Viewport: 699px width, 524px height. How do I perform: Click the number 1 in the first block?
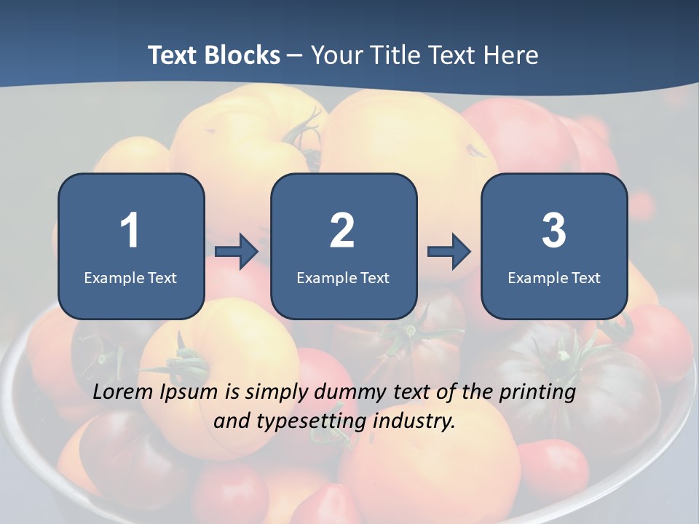pos(130,231)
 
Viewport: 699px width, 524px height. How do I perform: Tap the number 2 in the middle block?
pos(342,231)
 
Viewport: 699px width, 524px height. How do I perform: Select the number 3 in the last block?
pos(554,231)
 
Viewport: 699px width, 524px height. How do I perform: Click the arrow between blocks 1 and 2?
pos(237,252)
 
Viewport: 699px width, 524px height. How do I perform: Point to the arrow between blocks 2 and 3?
pos(449,252)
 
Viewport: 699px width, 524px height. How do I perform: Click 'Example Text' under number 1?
pos(130,277)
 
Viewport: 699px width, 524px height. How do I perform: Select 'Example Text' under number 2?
pos(343,277)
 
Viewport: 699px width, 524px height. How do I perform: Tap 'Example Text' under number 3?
pos(554,277)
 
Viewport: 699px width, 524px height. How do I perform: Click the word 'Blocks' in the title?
pos(242,55)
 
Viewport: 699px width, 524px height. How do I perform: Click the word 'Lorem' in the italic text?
pos(123,392)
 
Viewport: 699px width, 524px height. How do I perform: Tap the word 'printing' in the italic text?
pos(537,394)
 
